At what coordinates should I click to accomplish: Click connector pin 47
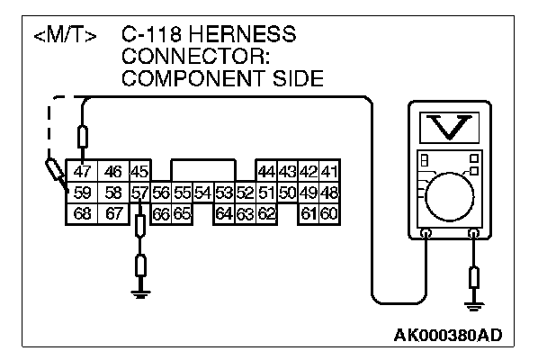click(82, 171)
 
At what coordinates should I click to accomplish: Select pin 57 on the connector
click(139, 193)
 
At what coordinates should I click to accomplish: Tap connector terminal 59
click(82, 193)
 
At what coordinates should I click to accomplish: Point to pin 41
click(329, 171)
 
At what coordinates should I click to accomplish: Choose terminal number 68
click(82, 213)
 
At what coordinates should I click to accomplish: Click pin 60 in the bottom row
click(329, 213)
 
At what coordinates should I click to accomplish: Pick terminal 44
click(266, 171)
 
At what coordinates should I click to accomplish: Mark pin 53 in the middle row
click(224, 193)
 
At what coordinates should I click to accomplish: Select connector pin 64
click(224, 213)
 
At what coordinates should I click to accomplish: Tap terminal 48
click(329, 193)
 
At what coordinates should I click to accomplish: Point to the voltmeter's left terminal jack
click(426, 232)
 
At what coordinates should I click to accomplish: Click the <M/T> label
click(64, 37)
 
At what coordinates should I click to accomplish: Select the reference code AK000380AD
click(447, 336)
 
